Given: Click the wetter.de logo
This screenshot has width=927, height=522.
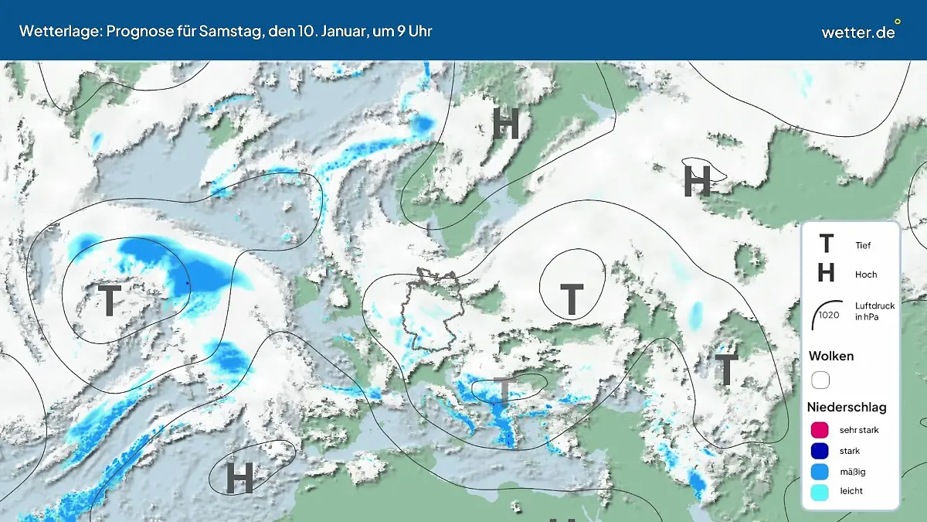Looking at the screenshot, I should [x=859, y=32].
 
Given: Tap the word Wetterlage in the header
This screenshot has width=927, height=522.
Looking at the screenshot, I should [x=53, y=32].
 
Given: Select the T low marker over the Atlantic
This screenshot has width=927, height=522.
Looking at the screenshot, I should [x=110, y=300].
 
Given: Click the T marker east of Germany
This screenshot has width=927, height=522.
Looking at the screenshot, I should [x=571, y=300].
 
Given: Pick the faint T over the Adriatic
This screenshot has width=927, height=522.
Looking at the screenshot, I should [x=503, y=393].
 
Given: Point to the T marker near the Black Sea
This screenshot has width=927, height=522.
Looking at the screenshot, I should [x=726, y=370].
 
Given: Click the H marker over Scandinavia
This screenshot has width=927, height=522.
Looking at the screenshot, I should [x=505, y=124].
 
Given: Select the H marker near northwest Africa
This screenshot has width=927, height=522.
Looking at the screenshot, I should [x=239, y=478].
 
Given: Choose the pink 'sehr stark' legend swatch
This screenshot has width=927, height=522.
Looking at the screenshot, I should [x=820, y=430].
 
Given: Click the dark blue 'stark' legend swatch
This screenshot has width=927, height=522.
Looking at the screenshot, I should [x=820, y=451].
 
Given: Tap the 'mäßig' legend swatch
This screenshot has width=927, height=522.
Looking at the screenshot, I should [x=820, y=471].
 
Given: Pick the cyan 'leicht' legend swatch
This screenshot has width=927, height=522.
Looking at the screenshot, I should [x=820, y=491].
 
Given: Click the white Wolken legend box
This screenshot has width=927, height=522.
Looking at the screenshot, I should [x=820, y=380].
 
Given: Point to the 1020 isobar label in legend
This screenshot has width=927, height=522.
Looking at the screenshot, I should [x=829, y=315].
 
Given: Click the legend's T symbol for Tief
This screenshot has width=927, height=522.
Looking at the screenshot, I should [x=826, y=244].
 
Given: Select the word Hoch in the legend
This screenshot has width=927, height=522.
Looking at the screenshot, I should [x=866, y=275].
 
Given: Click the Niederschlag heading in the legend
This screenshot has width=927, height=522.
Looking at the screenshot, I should [x=847, y=407].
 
